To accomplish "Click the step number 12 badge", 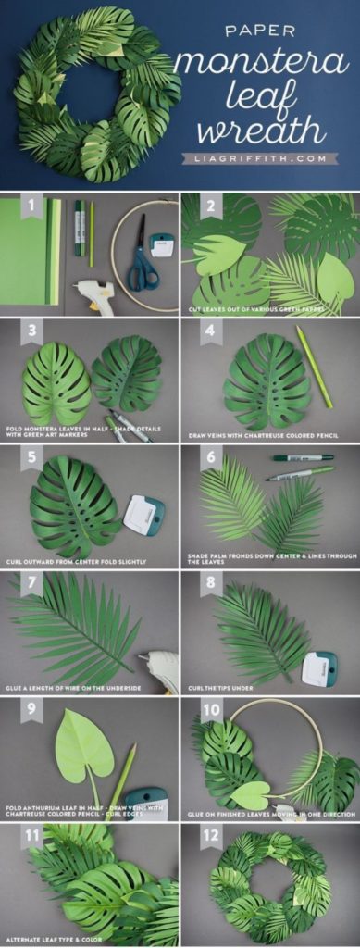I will [x=213, y=838].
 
